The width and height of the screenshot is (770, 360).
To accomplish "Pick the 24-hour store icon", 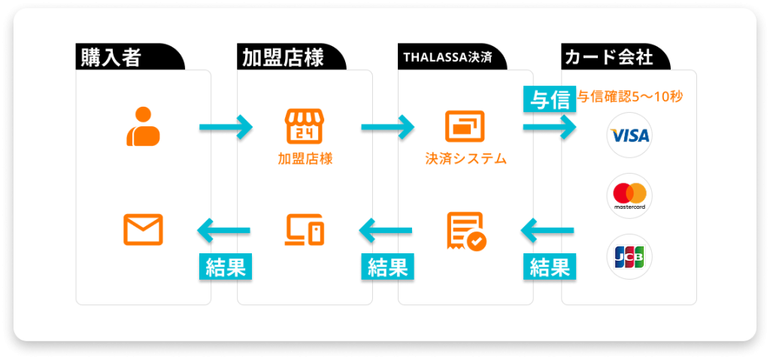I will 304,126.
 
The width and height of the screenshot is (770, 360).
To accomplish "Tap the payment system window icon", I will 465,126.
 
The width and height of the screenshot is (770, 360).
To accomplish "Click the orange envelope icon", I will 143,229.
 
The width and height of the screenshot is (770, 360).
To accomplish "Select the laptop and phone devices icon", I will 305,229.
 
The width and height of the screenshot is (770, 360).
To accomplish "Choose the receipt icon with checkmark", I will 465,230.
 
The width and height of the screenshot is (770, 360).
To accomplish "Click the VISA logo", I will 629,135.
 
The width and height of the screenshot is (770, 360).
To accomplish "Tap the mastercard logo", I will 629,195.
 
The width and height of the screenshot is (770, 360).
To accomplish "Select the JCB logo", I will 629,257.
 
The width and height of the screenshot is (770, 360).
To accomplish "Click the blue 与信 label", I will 549,99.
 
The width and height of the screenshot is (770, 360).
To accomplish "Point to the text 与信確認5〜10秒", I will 630,97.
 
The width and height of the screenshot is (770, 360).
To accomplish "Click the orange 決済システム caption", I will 465,159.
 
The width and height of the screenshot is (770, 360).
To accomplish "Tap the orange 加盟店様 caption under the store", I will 305,159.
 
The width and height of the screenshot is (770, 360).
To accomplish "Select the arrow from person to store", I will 226,127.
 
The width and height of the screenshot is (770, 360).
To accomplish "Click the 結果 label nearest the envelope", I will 225,267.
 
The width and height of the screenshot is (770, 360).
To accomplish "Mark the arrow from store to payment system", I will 387,127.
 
